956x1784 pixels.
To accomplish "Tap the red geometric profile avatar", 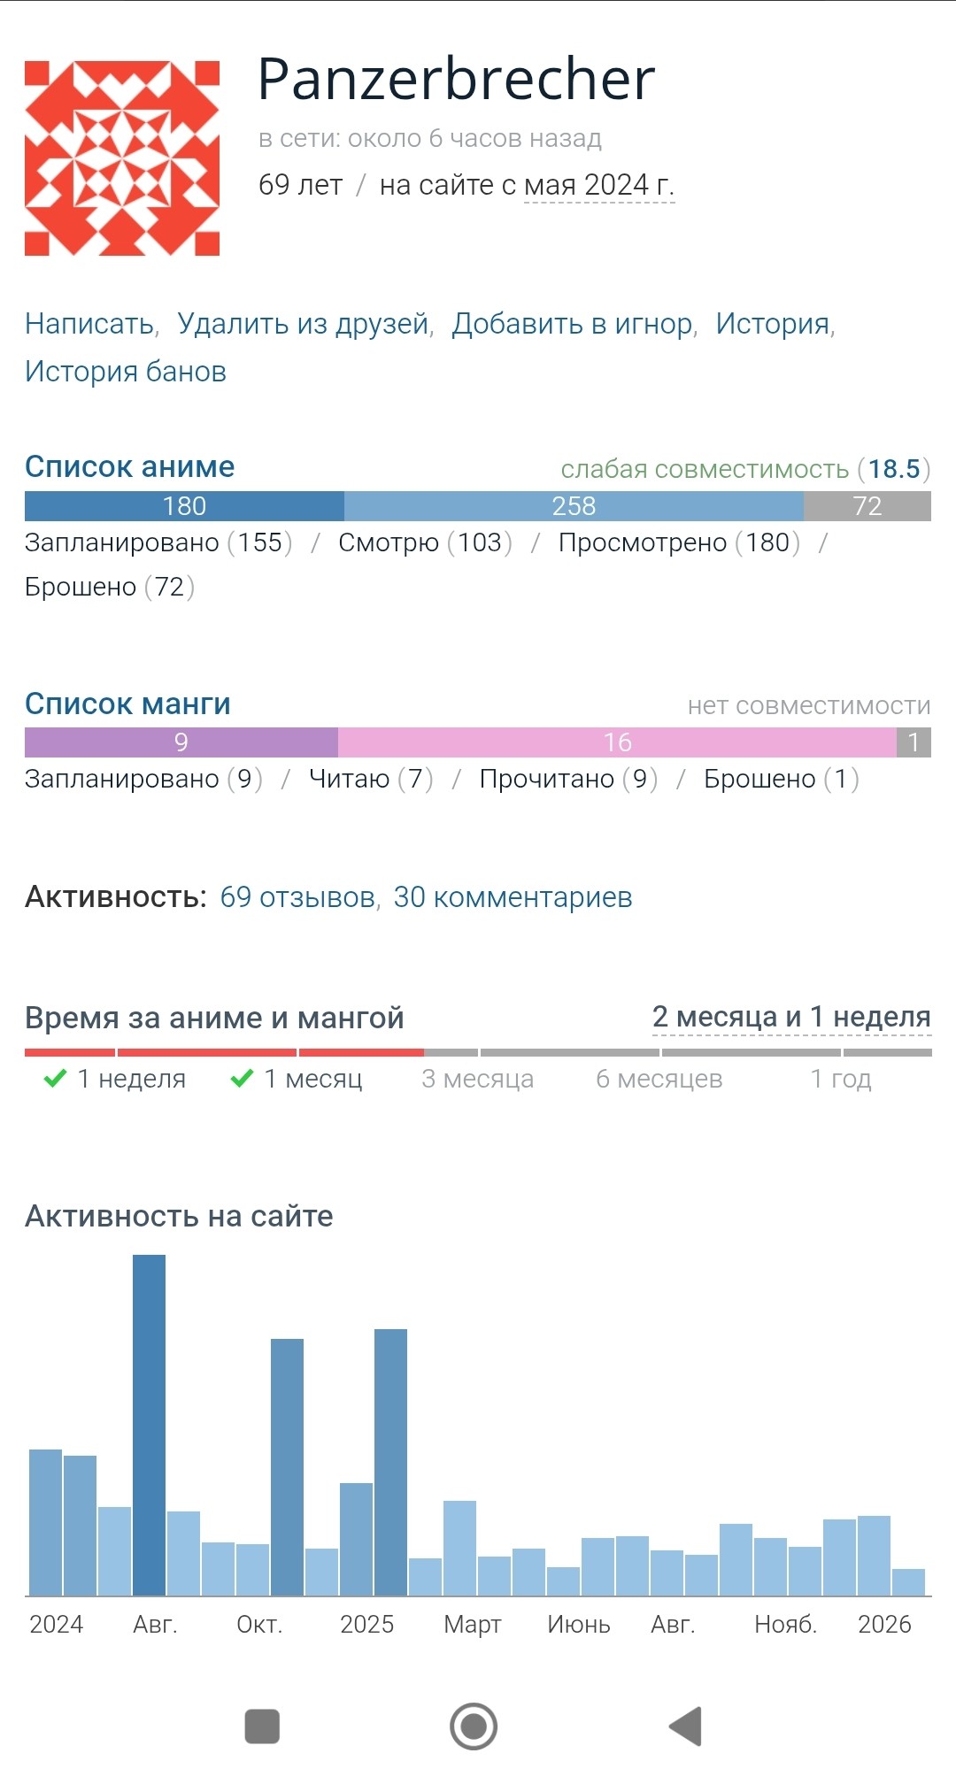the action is click(122, 158).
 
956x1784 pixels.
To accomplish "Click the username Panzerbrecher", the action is click(456, 80).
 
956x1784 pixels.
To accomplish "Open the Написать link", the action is click(89, 324).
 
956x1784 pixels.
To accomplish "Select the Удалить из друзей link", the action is click(303, 324).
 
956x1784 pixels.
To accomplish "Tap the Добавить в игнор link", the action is click(572, 324).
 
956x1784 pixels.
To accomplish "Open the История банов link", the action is click(126, 372).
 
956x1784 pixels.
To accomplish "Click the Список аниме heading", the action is click(129, 466).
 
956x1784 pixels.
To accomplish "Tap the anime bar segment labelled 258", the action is click(574, 506).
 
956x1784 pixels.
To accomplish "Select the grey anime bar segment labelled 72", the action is click(867, 506).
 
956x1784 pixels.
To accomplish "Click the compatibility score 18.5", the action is click(894, 469).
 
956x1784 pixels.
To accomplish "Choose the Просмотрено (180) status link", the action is click(679, 542).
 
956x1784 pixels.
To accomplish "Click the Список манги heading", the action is click(127, 704).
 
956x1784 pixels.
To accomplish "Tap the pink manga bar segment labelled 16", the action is click(617, 742).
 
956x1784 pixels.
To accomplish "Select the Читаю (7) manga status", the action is click(371, 779).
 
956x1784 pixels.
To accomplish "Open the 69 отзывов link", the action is click(297, 897).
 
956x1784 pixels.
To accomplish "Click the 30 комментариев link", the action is click(513, 897).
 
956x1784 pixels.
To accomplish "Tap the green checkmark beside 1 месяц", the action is click(242, 1079).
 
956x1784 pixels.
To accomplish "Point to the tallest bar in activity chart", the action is click(149, 1425).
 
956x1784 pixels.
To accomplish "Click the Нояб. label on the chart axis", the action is click(785, 1625).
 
